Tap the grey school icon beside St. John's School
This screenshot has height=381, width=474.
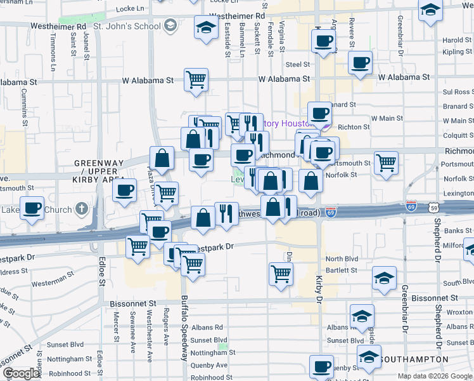click(x=169, y=26)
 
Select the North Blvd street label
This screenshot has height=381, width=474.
click(x=342, y=259)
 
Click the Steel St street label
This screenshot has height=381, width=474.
click(x=297, y=65)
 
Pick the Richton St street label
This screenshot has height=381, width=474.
click(x=354, y=128)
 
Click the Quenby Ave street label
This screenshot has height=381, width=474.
click(x=209, y=365)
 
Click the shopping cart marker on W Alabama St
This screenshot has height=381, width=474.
click(x=196, y=80)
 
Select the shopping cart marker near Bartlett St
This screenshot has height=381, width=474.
click(x=281, y=274)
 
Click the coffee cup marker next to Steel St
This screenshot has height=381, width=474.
click(x=360, y=62)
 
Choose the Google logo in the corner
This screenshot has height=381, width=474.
click(x=21, y=373)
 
